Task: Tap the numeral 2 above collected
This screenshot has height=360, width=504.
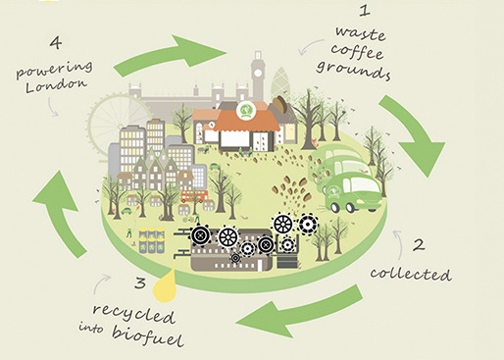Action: (x=419, y=245)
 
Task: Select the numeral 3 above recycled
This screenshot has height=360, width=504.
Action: (x=140, y=283)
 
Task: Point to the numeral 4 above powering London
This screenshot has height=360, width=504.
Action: (x=56, y=43)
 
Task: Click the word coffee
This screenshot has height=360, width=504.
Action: (x=357, y=52)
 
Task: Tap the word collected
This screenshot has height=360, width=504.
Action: (x=411, y=275)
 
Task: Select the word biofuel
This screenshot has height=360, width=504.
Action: (x=148, y=335)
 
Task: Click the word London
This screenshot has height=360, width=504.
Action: (x=57, y=85)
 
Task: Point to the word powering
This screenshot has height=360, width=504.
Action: (x=54, y=70)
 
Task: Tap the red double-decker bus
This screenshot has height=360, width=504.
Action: (x=194, y=196)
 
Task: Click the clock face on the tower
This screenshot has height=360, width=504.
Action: (x=258, y=74)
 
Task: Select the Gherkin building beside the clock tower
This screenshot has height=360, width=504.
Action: (x=279, y=83)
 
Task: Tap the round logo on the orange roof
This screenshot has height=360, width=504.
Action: (x=244, y=111)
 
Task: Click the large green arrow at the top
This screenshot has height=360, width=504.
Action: (x=170, y=55)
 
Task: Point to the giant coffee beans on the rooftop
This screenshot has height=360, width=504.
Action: (x=279, y=104)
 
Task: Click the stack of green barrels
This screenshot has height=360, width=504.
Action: (x=151, y=241)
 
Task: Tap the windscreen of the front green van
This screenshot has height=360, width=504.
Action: (x=363, y=185)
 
